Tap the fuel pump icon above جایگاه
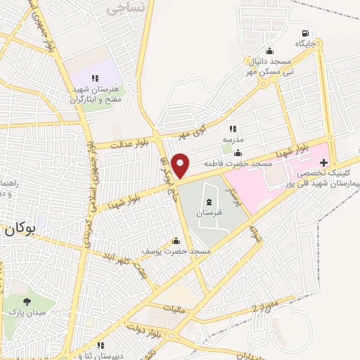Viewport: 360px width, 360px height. pos(304,32)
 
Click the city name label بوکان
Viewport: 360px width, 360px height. pos(19,229)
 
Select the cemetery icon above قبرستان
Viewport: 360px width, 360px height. pos(209,202)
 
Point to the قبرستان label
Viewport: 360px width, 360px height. pos(209,212)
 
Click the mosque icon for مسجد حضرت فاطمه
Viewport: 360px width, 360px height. pos(238,154)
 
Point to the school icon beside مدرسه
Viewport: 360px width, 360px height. pos(233,129)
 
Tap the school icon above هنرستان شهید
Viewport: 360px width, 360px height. pos(98,78)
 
